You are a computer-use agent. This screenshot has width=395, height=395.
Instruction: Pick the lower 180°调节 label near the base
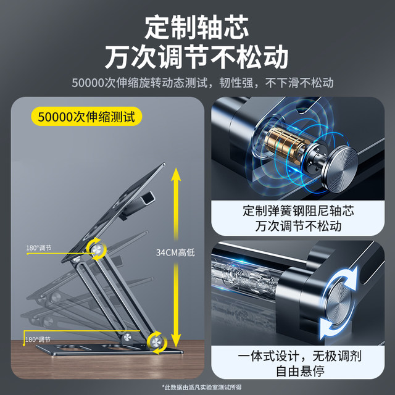click(x=38, y=339)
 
